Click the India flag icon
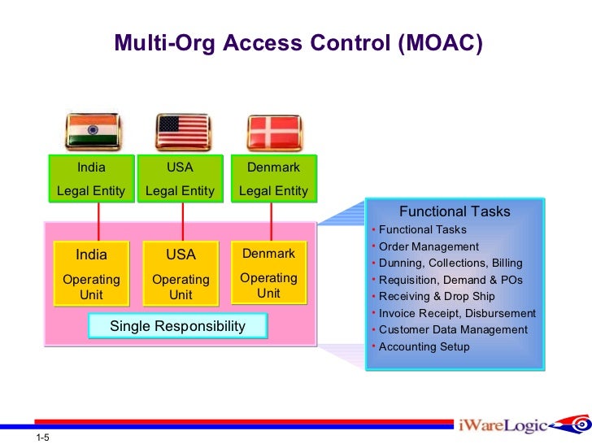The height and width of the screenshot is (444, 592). (91, 130)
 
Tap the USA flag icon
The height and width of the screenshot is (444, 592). (181, 130)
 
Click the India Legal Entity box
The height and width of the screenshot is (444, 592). (91, 179)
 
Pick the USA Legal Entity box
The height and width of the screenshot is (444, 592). (180, 179)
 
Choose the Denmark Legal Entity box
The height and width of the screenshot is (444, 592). (273, 179)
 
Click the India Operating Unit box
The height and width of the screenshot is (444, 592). (91, 273)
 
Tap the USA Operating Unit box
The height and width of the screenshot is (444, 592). (181, 273)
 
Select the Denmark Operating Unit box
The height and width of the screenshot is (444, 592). (268, 272)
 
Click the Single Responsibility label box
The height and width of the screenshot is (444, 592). (177, 326)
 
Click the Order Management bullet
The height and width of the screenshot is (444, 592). (429, 246)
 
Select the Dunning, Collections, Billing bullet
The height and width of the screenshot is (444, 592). (451, 263)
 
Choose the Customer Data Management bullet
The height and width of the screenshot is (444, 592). (453, 330)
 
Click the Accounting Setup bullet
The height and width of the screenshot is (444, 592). (424, 347)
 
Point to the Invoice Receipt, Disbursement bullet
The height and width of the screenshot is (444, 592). (457, 313)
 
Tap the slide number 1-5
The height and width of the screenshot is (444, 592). (43, 438)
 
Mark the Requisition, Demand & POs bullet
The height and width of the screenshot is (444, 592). (451, 280)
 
